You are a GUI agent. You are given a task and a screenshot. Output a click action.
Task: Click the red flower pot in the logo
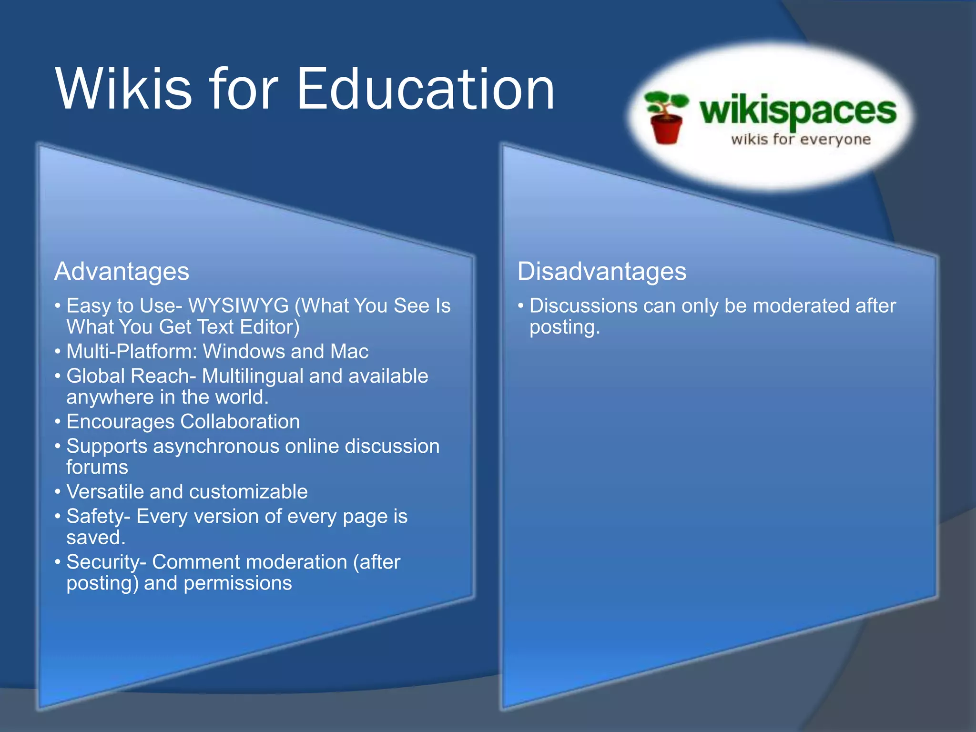click(666, 129)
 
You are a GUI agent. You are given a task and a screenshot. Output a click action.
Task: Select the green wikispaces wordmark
click(798, 112)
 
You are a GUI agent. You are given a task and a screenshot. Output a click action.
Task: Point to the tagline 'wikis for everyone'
click(801, 140)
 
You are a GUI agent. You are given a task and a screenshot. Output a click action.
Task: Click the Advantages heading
click(122, 271)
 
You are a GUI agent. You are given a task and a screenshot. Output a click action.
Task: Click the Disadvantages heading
click(601, 271)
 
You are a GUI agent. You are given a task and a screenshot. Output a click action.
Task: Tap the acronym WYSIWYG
click(239, 305)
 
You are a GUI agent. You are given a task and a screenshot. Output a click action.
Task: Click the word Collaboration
click(240, 422)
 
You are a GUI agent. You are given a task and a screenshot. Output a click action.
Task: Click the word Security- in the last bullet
click(106, 562)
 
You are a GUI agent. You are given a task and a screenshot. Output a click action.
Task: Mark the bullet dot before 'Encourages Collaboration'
click(58, 422)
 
